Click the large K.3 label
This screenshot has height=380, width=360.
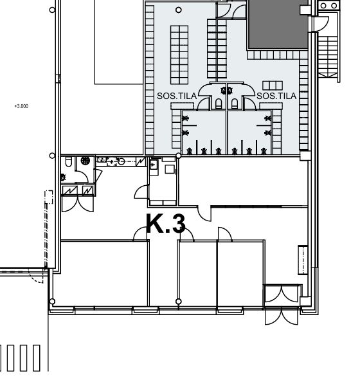tap(166, 224)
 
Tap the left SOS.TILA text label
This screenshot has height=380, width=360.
tap(177, 96)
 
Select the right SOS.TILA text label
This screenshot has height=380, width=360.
tap(276, 96)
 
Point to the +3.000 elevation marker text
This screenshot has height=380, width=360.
tap(22, 106)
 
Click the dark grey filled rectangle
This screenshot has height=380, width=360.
tap(278, 24)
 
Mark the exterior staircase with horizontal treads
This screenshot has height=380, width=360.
tap(328, 57)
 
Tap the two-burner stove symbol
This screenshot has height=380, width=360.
tap(329, 6)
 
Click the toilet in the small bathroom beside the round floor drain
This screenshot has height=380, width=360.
tap(69, 161)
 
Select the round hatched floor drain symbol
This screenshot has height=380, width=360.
tap(85, 161)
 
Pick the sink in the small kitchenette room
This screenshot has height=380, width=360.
tap(154, 165)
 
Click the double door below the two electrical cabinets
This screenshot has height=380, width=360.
tap(78, 204)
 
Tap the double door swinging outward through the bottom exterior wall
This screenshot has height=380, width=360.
tap(282, 316)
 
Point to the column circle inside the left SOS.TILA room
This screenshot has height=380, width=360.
tap(179, 10)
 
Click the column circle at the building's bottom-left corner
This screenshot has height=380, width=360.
tap(52, 302)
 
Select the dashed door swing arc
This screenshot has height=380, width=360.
tap(37, 277)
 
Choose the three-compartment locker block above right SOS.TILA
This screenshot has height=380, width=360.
tap(273, 86)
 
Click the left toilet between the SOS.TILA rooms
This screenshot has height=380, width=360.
tap(219, 104)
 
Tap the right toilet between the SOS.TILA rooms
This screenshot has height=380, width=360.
tap(235, 104)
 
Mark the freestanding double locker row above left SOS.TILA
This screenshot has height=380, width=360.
tap(179, 55)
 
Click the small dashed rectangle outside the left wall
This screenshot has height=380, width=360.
tap(49, 197)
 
